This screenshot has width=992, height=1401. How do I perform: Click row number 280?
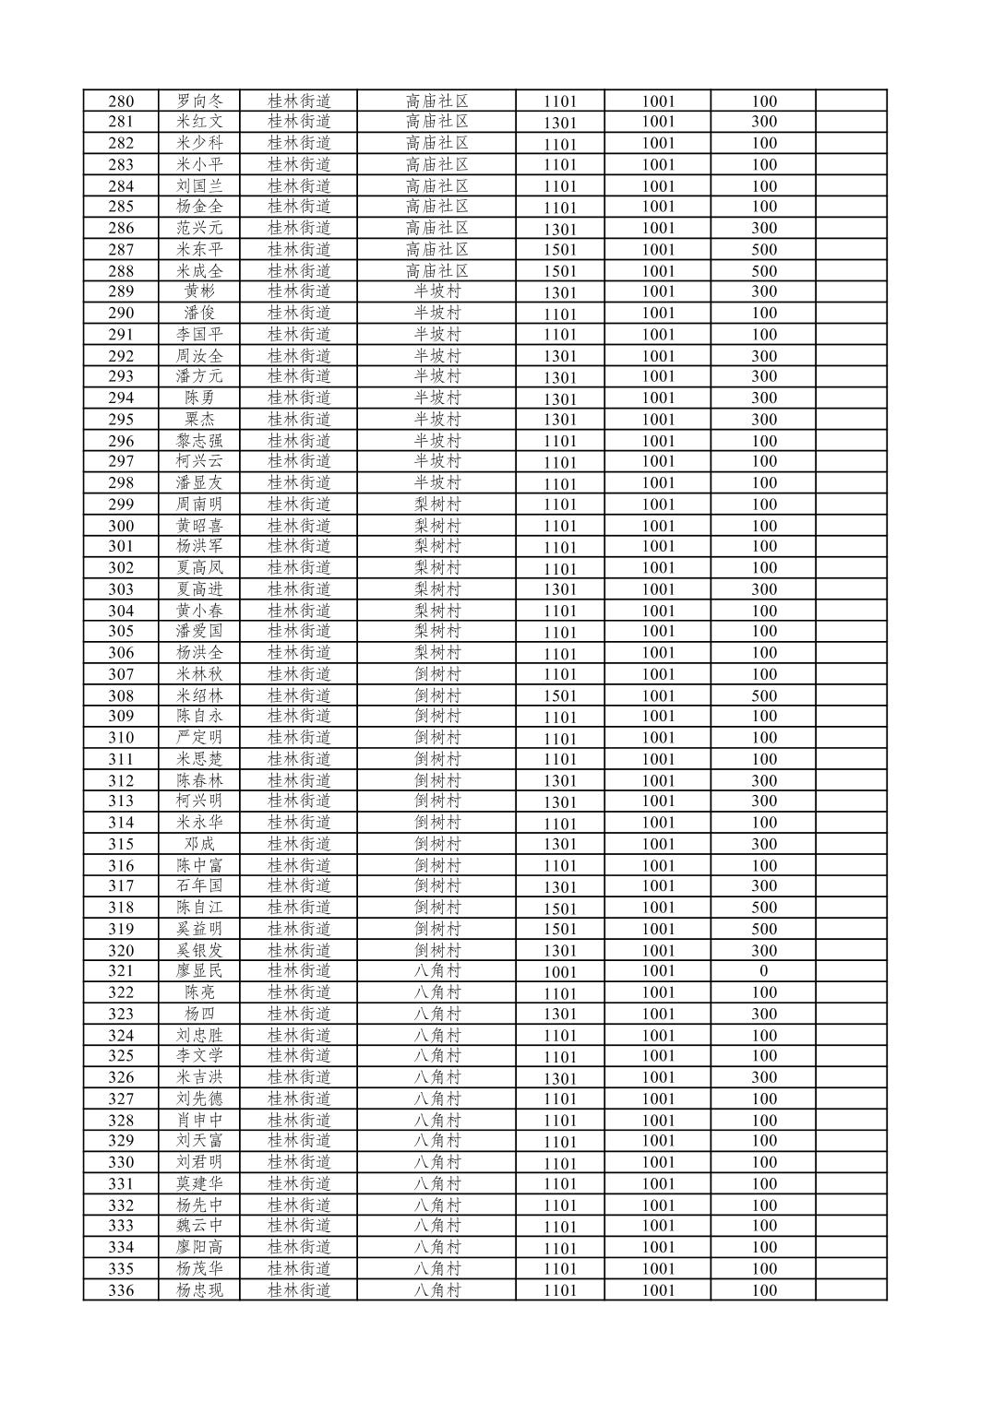pos(121,101)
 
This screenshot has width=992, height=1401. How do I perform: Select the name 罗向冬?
pos(199,101)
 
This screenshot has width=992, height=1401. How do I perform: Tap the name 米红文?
pos(199,122)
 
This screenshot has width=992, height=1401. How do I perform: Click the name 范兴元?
pos(199,228)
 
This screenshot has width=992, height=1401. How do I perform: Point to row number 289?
pos(121,291)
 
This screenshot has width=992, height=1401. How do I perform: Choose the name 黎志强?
pos(199,441)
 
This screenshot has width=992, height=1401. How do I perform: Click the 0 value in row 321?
pos(763,971)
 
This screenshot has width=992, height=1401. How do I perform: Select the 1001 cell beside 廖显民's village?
pos(559,972)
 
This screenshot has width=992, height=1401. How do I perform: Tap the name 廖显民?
pos(199,971)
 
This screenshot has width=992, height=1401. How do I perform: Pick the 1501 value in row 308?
pos(559,696)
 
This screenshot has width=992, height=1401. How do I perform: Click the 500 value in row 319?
pos(763,929)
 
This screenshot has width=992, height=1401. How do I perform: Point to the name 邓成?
pos(199,844)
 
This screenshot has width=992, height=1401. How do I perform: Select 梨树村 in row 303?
pos(436,589)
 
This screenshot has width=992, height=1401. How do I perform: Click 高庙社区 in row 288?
pos(436,271)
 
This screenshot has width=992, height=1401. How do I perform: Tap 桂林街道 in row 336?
pos(299,1290)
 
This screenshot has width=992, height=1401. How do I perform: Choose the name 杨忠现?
pos(199,1290)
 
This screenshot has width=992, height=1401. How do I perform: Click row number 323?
pos(121,1014)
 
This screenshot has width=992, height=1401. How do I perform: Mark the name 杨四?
pos(199,1014)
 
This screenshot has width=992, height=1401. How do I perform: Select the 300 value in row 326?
pos(763,1077)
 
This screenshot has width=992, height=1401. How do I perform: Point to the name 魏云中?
pos(199,1226)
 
